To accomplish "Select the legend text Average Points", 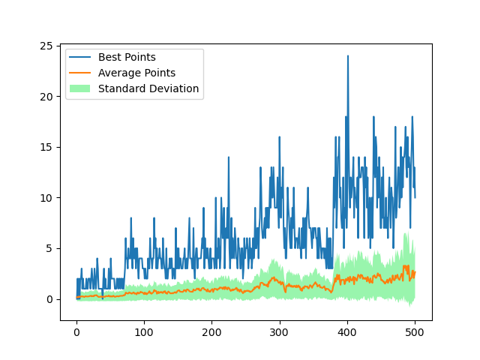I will point(136,73).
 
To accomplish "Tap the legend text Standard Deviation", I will point(148,88).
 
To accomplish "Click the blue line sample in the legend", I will point(80,57).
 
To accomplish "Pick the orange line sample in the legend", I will point(80,73).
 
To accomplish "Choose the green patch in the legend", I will point(80,88).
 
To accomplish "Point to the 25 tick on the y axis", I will point(46,46).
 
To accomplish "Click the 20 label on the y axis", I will point(46,97).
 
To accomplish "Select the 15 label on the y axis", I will point(46,147).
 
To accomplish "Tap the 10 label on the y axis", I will point(46,198).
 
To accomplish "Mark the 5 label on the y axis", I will point(49,248).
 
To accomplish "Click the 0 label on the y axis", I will point(49,299).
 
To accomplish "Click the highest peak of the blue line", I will point(347,56).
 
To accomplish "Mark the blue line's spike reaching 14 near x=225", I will point(229,157).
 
